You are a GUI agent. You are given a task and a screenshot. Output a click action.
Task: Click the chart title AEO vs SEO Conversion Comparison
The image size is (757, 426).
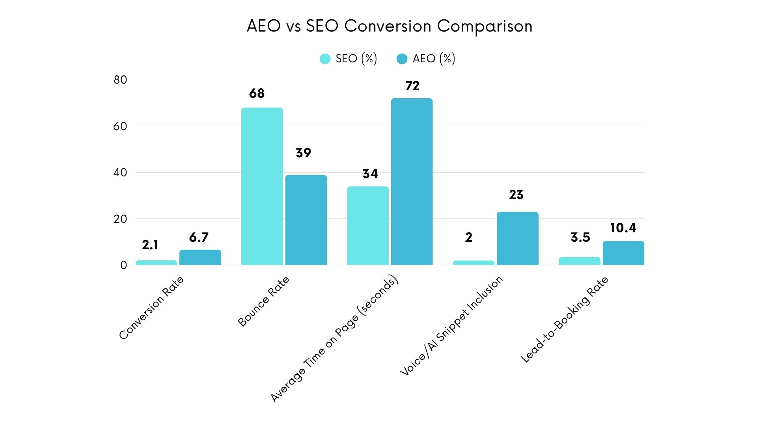(390, 26)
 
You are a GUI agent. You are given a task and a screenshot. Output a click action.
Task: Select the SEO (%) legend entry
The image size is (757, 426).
(349, 59)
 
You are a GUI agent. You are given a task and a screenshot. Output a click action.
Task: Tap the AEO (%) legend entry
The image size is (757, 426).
(426, 59)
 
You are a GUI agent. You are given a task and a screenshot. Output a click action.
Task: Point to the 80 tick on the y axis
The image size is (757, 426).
(120, 80)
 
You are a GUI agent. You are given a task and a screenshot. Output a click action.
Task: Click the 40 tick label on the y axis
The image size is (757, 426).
(120, 172)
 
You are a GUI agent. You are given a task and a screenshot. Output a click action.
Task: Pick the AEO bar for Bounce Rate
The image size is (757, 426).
(306, 220)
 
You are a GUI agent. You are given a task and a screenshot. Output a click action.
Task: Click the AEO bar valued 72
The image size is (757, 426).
(412, 181)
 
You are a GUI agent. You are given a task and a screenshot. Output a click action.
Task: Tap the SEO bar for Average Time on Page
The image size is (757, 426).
(367, 226)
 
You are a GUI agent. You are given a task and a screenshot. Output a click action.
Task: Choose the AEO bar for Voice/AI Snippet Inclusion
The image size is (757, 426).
(517, 238)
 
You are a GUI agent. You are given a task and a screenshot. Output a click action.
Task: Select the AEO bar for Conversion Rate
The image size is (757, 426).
(200, 258)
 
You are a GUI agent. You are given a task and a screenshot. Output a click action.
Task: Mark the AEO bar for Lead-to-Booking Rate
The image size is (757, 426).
(623, 253)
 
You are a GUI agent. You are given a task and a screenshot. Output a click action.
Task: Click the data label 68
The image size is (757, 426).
(257, 93)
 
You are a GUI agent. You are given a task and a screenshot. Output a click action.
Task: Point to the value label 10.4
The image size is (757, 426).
(623, 228)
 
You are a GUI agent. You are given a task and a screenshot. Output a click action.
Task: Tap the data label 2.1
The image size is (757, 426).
(150, 245)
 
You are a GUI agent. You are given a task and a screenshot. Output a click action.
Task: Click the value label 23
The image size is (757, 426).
(516, 195)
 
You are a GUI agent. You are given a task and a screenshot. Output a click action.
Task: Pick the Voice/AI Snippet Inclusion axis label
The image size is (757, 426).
(451, 325)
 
